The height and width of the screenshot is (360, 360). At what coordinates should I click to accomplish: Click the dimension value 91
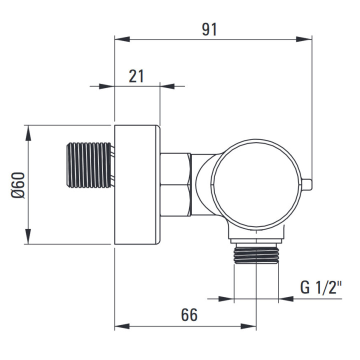coord(209,29)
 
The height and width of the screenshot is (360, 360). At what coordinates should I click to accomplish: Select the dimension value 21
coord(136,76)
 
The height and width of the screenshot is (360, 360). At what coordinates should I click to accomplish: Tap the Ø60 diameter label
coord(18,185)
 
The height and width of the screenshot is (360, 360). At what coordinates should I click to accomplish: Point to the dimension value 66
coord(189,315)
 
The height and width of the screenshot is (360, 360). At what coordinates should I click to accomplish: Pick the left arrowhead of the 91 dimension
coord(122,39)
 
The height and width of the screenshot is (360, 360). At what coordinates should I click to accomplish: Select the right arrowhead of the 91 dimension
coord(304,39)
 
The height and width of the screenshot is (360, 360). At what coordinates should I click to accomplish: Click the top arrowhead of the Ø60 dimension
coord(28,133)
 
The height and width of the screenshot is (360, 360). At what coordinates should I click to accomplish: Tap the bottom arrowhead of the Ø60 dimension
coord(28,236)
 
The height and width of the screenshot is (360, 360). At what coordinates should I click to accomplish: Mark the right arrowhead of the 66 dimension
coord(248,326)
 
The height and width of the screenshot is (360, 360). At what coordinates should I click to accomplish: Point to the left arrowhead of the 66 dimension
coord(122,326)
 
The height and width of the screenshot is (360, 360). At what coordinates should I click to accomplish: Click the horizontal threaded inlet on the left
coord(89,165)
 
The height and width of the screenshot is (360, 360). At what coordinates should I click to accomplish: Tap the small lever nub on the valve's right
coord(306,185)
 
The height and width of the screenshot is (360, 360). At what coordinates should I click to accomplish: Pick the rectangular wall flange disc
coord(137,185)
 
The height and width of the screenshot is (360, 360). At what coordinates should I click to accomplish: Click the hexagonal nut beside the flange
coord(175,185)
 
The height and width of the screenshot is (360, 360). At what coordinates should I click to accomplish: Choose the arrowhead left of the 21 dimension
coord(107,86)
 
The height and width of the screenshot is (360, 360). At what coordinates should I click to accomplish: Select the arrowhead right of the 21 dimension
coord(167,86)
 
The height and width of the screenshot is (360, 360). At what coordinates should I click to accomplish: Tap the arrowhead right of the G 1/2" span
coord(286,298)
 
